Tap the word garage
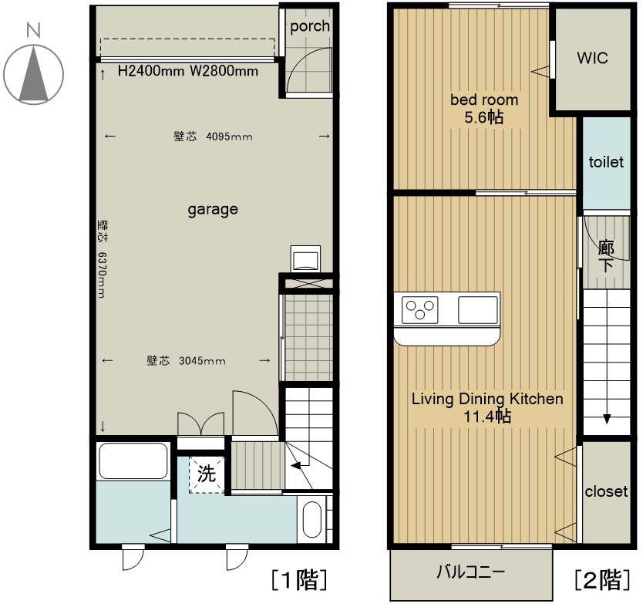coord(213,210)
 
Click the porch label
coord(310,26)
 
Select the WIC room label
coord(592,58)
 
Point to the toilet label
coord(606,162)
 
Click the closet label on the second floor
coord(606,491)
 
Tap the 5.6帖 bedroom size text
coord(484,118)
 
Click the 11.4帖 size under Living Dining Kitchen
coord(487,417)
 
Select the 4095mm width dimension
coord(229,137)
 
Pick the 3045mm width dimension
coord(202,361)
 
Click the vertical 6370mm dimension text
coord(102,275)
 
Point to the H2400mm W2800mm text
coord(188,71)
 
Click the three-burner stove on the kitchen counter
coord(419,310)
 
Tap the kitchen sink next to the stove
coord(478,310)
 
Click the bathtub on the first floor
coord(133,461)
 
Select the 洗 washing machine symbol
coord(207,474)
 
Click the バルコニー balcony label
coord(470,572)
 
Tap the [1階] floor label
coord(299,580)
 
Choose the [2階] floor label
coord(602,580)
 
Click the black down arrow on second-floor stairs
coord(607,419)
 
